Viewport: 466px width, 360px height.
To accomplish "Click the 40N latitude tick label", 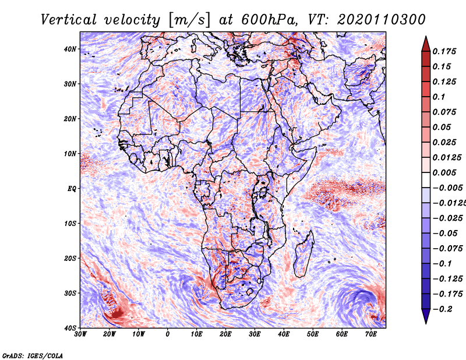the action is click(70, 49).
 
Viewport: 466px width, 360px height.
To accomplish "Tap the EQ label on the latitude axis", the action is click(72, 189).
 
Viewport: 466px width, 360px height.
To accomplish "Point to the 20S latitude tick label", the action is click(70, 258).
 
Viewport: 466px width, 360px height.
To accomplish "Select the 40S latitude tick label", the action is click(70, 328).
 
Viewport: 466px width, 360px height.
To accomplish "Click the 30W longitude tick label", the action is click(80, 334).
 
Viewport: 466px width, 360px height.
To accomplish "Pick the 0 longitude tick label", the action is click(168, 334).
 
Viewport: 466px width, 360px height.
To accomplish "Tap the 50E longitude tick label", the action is click(313, 334).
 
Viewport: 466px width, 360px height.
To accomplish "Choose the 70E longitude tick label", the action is click(371, 334).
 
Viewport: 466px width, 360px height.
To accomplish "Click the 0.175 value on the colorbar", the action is click(444, 51).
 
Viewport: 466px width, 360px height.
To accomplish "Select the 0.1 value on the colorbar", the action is click(439, 97).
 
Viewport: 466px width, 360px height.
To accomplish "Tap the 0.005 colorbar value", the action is click(444, 172).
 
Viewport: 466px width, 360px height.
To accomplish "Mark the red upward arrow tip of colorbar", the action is click(426, 37).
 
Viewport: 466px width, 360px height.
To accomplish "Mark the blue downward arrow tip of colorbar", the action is click(426, 323).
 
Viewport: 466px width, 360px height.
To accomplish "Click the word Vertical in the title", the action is click(69, 20).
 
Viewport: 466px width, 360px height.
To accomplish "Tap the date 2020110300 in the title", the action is click(382, 20).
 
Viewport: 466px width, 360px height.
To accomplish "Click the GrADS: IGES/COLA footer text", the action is click(33, 355).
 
